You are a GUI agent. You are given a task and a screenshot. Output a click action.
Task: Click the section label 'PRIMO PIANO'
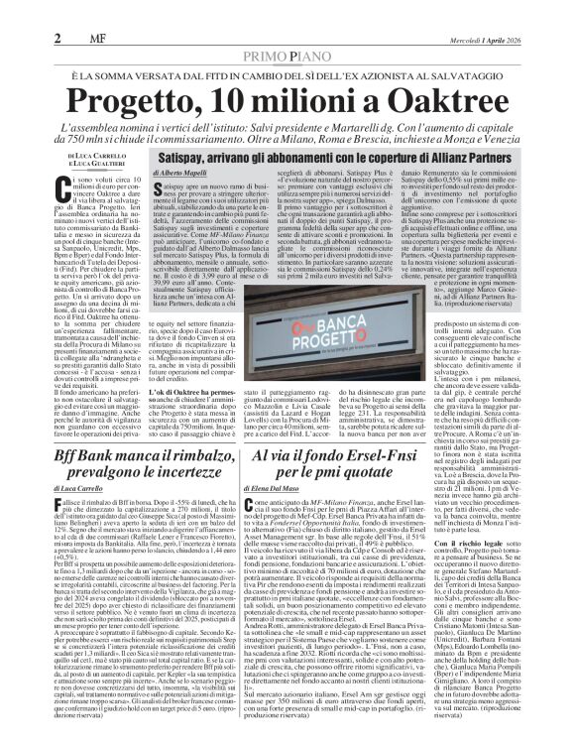pyautogui.click(x=287, y=30)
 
